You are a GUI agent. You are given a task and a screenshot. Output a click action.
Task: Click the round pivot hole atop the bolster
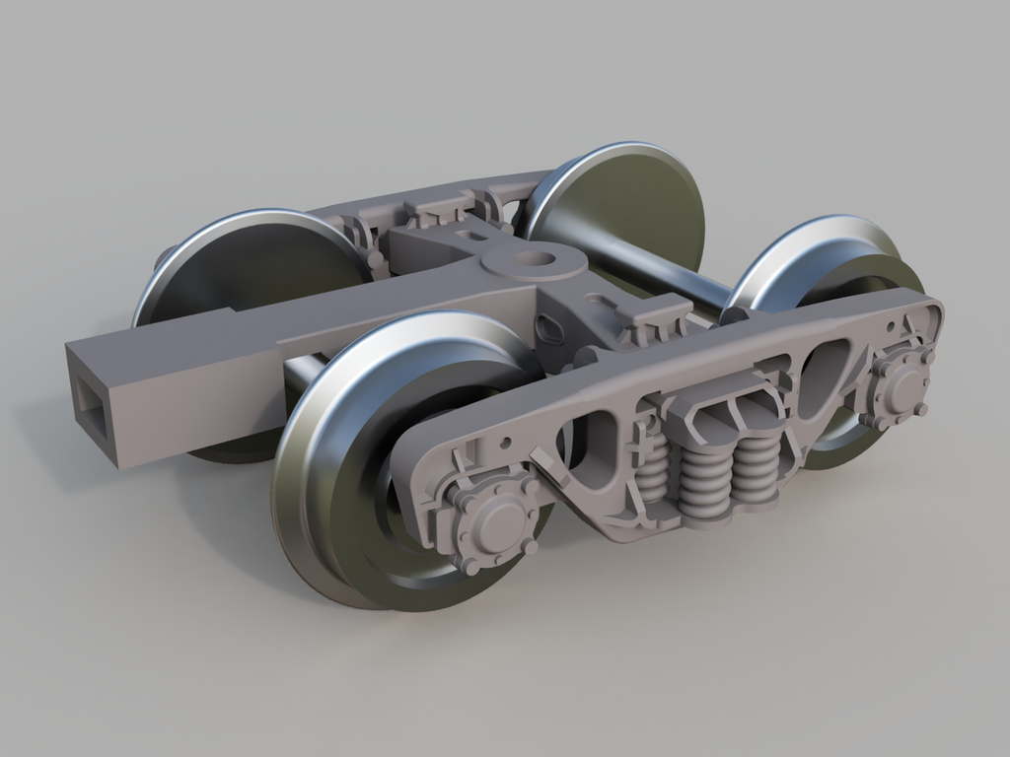[x=534, y=258]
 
